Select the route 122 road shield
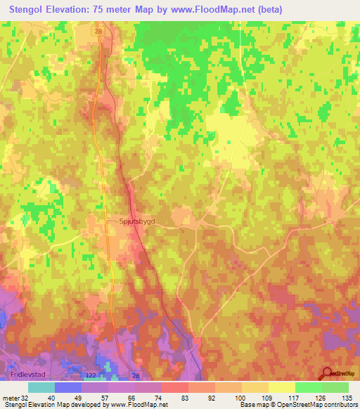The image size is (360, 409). (x=91, y=377)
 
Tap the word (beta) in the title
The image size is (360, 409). (x=269, y=10)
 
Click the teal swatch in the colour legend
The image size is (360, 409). (x=41, y=387)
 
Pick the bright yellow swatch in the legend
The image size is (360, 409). (x=281, y=387)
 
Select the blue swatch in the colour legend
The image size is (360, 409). (x=67, y=387)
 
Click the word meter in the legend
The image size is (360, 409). (x=9, y=398)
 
